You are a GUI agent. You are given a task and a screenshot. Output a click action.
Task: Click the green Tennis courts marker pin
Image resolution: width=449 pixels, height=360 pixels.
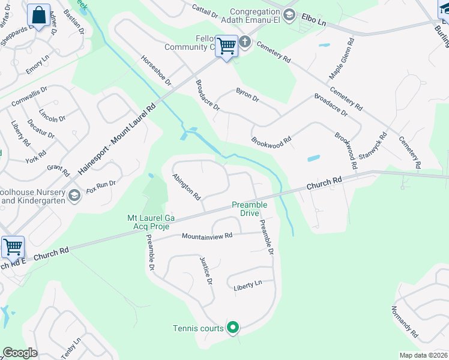pyautogui.click(x=233, y=328)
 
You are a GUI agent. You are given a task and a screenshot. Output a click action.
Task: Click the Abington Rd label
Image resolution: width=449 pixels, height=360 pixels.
pyautogui.click(x=186, y=187)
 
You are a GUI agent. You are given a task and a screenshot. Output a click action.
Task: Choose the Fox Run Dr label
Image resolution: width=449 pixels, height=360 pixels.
pyautogui.click(x=100, y=187)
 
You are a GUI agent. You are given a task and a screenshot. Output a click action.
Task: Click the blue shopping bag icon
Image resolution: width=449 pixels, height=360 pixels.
pyautogui.click(x=39, y=16)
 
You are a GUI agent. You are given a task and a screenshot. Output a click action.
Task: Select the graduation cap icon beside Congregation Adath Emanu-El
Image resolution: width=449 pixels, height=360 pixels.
pyautogui.click(x=289, y=15)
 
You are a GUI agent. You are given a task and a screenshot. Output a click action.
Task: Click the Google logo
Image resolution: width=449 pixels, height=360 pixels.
pyautogui.click(x=20, y=353)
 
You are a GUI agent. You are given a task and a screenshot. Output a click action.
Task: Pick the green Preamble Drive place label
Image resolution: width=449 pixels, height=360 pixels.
pyautogui.click(x=250, y=209)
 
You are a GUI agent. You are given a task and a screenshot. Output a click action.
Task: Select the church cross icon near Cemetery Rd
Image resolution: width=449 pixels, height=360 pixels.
pyautogui.click(x=245, y=42)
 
